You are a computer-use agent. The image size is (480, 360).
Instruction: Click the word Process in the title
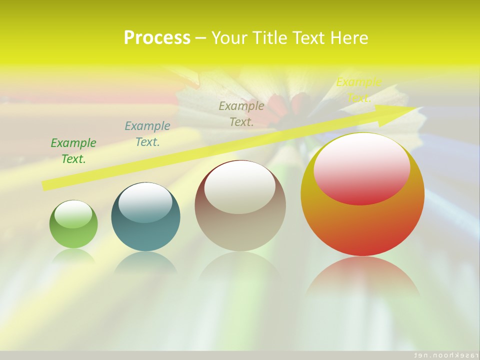click(157, 38)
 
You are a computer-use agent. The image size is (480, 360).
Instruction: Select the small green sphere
click(73, 235)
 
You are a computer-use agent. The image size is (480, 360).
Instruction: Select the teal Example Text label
click(147, 134)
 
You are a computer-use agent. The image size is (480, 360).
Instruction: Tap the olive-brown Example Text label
click(241, 114)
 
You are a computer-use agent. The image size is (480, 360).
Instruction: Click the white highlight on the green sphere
click(73, 214)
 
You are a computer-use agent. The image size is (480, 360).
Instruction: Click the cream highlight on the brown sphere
click(240, 187)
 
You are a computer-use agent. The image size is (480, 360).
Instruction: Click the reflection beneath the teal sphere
click(145, 262)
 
